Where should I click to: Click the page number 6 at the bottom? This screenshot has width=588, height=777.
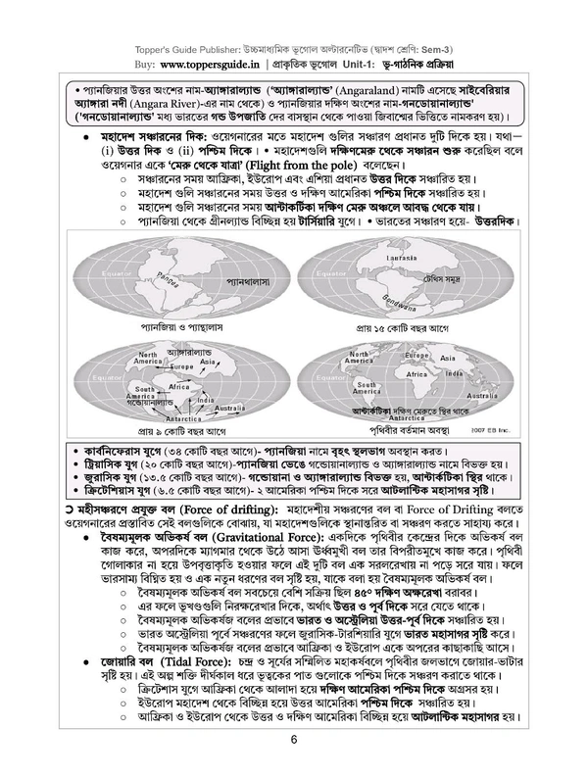(x=293, y=740)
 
